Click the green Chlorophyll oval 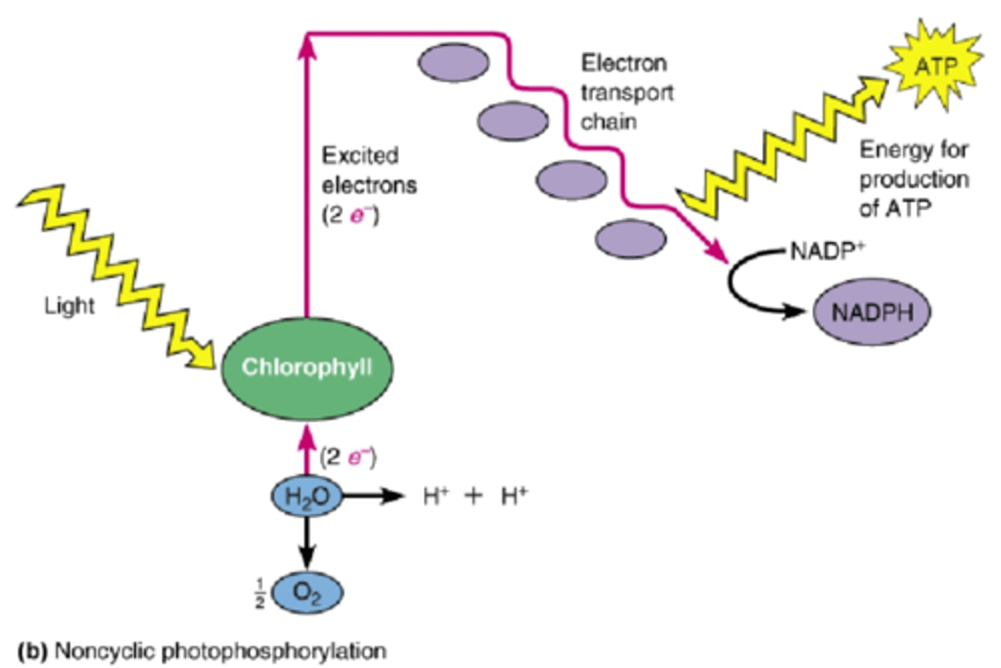point(307,368)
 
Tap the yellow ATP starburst point(935,67)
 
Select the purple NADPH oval point(872,312)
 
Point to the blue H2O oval point(307,496)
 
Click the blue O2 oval point(307,593)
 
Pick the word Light point(69,305)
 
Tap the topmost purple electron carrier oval point(453,63)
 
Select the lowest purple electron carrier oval point(630,239)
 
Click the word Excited point(359,155)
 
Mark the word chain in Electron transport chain point(608,122)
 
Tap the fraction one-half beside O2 point(259,593)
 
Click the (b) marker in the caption point(32,651)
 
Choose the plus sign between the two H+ point(473,496)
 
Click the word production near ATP point(913,179)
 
